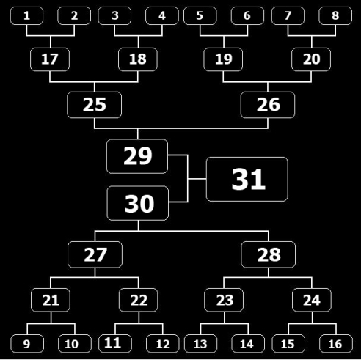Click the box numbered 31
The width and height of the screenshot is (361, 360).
(247, 179)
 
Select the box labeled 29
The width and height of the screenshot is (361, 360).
(137, 156)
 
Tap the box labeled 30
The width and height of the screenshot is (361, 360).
(138, 203)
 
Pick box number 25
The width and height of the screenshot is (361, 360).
(95, 105)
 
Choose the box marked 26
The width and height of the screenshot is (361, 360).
(268, 105)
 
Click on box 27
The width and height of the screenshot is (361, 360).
(95, 254)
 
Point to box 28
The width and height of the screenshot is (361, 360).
(269, 254)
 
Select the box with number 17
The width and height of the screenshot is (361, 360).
(50, 59)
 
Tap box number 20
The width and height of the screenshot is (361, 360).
(311, 59)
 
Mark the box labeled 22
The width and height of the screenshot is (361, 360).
(139, 300)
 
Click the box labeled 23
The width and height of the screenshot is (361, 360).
(224, 300)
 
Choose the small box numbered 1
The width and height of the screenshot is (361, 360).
(26, 16)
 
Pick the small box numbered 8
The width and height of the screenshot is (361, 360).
(335, 16)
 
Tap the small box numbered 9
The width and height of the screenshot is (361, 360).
(27, 344)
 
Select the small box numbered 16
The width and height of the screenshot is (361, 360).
(336, 344)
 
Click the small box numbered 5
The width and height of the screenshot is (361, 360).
(200, 16)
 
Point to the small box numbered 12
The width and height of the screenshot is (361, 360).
(163, 344)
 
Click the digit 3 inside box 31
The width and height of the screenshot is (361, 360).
(241, 179)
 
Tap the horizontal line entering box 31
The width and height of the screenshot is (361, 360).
(197, 179)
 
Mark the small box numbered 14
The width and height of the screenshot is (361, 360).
(248, 344)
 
